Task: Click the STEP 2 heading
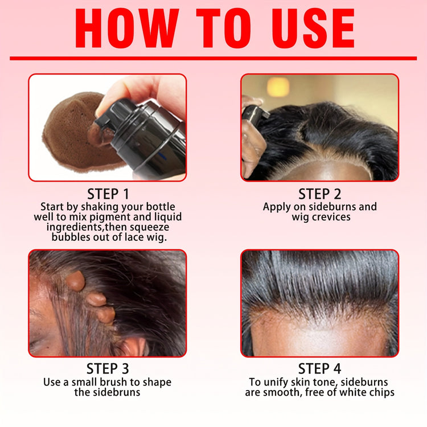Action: pos(320,194)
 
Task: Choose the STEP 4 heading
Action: pos(320,368)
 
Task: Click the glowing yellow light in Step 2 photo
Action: pos(278,87)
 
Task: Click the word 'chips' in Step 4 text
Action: pos(380,392)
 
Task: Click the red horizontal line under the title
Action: pos(213,58)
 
